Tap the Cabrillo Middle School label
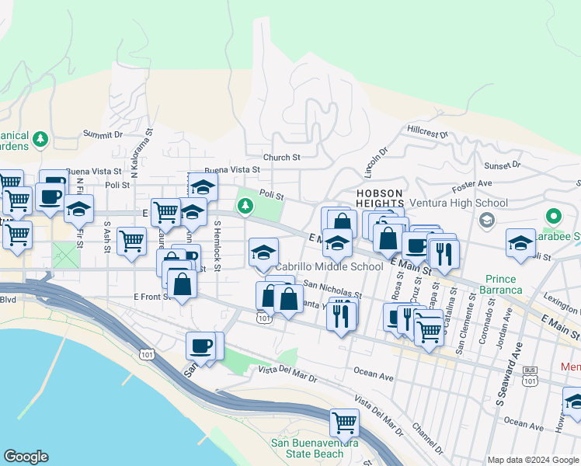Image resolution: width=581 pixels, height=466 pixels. (329, 266)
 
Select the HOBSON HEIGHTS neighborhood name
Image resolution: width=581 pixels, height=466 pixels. (380, 198)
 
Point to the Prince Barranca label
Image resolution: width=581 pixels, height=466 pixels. (503, 284)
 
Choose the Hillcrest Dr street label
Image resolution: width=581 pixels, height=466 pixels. (427, 132)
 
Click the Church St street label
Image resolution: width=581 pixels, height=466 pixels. (281, 158)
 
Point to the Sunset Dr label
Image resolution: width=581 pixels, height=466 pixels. (502, 165)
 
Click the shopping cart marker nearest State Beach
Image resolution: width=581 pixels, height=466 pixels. (344, 423)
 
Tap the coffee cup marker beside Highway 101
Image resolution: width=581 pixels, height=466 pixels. (201, 346)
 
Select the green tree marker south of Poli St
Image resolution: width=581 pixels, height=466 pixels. (245, 205)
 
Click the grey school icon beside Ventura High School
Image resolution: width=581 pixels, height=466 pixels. (486, 220)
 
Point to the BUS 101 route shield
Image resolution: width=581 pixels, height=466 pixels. (531, 376)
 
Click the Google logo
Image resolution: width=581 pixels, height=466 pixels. (26, 457)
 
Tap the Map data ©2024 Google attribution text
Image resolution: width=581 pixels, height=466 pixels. (534, 460)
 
